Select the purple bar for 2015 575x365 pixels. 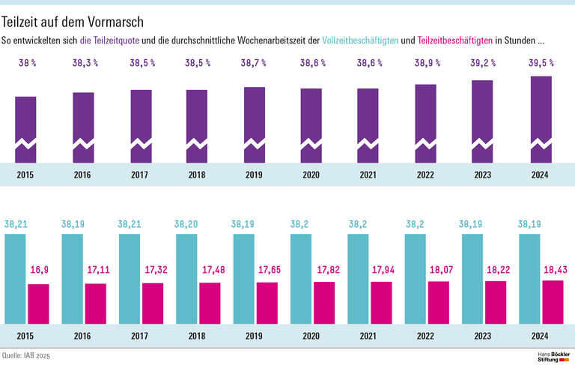tap(25, 127)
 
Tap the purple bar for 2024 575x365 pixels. tap(541, 118)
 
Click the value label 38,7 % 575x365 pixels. tap(255, 64)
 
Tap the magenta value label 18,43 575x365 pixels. tap(553, 268)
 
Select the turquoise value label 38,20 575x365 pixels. tap(186, 223)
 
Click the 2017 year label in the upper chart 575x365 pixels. tap(140, 175)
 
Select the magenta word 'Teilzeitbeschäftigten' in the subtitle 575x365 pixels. tap(454, 40)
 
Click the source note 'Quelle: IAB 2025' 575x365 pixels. tap(30, 355)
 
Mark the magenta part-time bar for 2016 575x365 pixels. tap(96, 304)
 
